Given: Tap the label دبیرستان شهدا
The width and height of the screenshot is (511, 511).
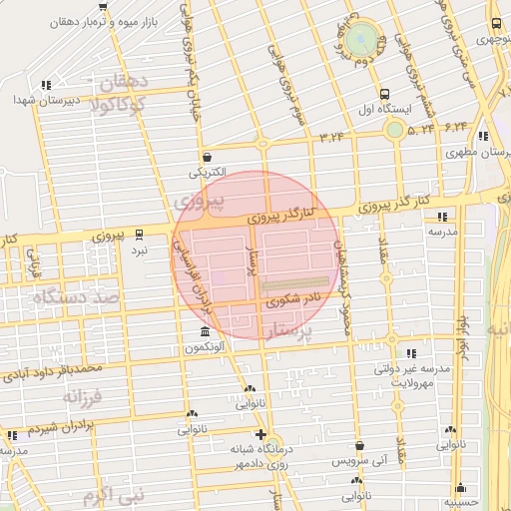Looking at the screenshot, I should tap(39, 100).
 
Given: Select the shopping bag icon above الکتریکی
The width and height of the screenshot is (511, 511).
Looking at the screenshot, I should tap(207, 157).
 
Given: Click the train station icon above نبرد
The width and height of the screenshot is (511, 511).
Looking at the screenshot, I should tap(139, 236).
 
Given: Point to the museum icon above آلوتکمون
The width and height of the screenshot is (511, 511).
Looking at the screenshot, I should tap(205, 331).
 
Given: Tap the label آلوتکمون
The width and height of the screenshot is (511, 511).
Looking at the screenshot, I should tap(205, 347).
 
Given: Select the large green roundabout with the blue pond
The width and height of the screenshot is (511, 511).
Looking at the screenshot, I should tap(366, 41).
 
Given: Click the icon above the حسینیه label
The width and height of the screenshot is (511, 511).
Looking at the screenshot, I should tap(460, 487).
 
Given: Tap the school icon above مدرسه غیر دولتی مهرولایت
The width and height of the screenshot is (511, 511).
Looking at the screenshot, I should tap(410, 353).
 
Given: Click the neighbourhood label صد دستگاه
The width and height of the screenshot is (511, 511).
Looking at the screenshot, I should tap(77, 297).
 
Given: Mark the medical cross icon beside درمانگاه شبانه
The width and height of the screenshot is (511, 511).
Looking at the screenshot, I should tap(261, 434).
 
